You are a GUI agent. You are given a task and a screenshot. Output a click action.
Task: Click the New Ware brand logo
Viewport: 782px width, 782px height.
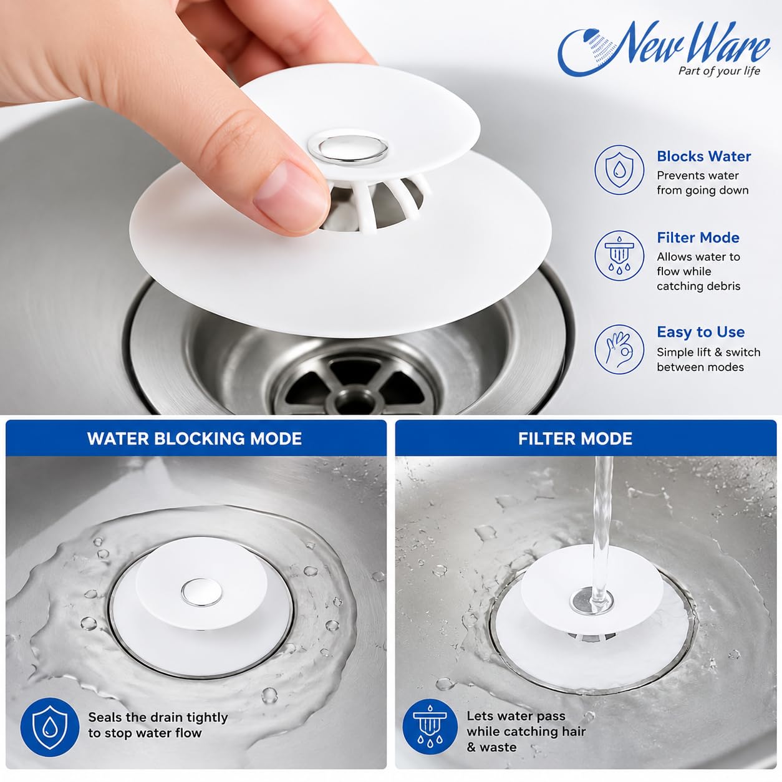coord(664,49)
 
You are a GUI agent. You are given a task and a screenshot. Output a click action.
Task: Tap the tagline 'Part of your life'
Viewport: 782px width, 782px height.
coord(719,71)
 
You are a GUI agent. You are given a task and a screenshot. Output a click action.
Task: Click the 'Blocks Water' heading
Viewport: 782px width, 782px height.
coord(703,157)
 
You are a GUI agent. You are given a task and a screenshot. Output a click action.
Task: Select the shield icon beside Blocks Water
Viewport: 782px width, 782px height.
coord(619,170)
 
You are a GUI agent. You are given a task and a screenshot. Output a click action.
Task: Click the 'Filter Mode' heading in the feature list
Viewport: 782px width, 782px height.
coord(698,238)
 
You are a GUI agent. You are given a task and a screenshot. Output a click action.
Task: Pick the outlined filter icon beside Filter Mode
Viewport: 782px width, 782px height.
coord(619,255)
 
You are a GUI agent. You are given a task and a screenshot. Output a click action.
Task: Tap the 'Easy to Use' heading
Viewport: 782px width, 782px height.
coord(701,332)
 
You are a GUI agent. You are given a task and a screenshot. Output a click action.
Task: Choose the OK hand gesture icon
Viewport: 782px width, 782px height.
coord(619,349)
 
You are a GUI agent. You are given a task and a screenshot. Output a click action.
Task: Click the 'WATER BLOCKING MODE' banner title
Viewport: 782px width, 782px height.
coord(195,438)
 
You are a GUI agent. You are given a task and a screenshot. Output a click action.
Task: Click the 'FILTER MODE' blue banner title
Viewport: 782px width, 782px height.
coord(575,438)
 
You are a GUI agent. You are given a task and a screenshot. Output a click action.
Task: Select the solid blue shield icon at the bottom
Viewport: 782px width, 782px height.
coord(49,727)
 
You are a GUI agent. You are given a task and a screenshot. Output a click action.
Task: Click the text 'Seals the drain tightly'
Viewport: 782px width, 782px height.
coord(158,718)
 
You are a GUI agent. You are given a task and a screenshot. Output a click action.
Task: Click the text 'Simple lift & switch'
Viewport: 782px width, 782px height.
coord(708,352)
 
